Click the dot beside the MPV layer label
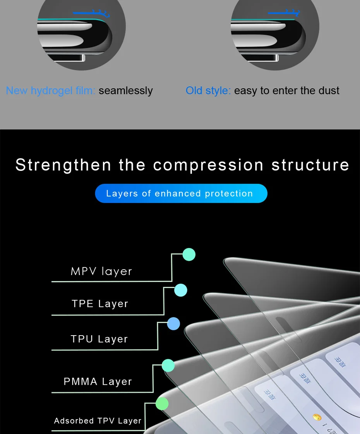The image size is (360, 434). pos(189,255)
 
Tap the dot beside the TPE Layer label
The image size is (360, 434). pos(181,290)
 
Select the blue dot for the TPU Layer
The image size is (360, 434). pos(173,324)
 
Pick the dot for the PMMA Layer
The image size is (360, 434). pos(168,365)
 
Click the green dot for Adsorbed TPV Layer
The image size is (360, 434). pos(162,403)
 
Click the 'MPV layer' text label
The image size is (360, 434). pos(101,271)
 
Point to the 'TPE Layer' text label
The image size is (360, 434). pos(100,304)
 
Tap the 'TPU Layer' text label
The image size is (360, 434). pos(99,339)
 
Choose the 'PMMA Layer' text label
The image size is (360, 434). pos(98,382)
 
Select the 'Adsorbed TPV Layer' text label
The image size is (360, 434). pos(98,421)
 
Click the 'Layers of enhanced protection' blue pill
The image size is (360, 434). pos(181,193)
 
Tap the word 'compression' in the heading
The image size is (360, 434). pos(209,165)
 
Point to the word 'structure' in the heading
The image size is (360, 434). pos(310,165)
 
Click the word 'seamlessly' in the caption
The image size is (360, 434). pos(125,91)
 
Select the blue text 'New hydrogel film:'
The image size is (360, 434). pos(50,91)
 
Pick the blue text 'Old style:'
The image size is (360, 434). pos(208,91)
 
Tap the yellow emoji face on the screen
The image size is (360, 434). pos(317,417)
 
